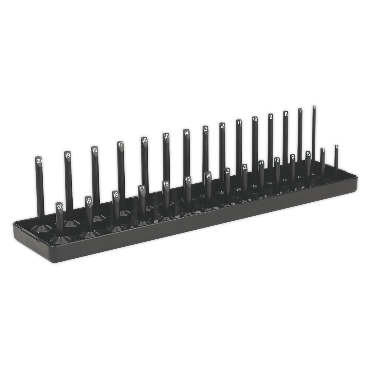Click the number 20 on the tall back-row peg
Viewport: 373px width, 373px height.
tap(39, 161)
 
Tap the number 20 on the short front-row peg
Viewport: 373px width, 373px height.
tap(60, 206)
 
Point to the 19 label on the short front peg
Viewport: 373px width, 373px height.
tap(89, 200)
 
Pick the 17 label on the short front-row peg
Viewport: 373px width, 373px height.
tap(142, 189)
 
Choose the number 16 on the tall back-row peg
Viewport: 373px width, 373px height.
tap(144, 140)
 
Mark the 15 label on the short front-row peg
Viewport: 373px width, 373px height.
tap(188, 179)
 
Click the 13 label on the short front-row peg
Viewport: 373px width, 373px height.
tap(228, 171)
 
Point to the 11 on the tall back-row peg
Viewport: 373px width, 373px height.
tap(239, 122)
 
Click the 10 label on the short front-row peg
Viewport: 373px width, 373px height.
tap(277, 160)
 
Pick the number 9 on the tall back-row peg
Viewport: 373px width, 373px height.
tap(270, 117)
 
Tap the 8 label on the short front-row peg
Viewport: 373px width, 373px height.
tap(308, 154)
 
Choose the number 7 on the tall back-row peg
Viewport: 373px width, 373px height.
tap(300, 111)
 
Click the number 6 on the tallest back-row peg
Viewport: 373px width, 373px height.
tap(314, 108)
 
